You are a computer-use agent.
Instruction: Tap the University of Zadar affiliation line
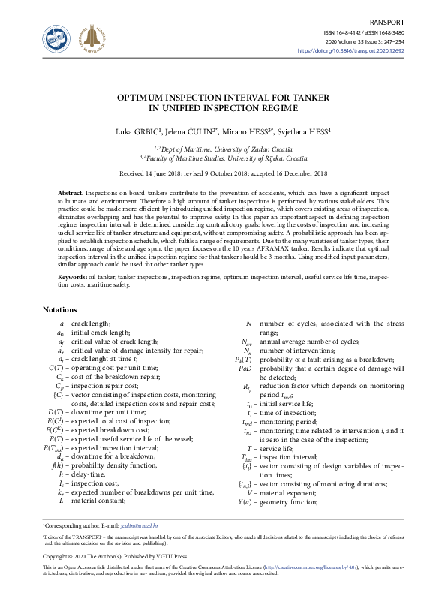(x=218, y=149)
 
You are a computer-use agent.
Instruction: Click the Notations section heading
(x=59, y=310)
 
